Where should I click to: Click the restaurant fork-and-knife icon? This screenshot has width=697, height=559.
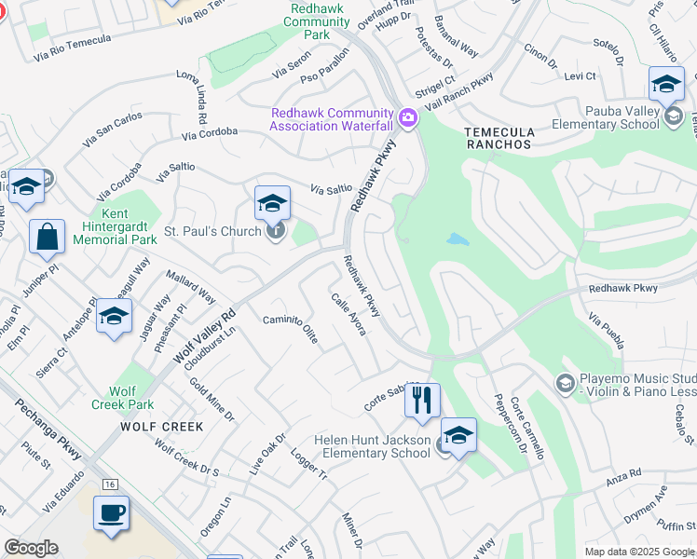tap(422, 401)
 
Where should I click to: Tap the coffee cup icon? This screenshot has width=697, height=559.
tap(112, 512)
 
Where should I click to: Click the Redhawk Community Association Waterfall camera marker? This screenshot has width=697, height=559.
tap(406, 118)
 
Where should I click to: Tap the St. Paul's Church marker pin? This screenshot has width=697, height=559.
tap(275, 231)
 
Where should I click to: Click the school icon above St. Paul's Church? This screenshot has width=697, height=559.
tap(272, 202)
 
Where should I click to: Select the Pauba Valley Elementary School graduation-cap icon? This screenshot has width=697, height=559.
tap(666, 85)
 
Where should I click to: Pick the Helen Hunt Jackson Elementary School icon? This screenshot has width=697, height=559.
tap(458, 435)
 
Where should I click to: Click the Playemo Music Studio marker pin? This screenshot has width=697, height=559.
tap(564, 383)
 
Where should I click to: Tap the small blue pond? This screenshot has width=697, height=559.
tap(458, 239)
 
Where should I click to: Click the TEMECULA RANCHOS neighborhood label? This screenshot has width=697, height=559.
tap(499, 138)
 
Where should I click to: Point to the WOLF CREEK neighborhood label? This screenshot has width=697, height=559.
tap(161, 427)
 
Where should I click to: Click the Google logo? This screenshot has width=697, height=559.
tap(32, 548)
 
